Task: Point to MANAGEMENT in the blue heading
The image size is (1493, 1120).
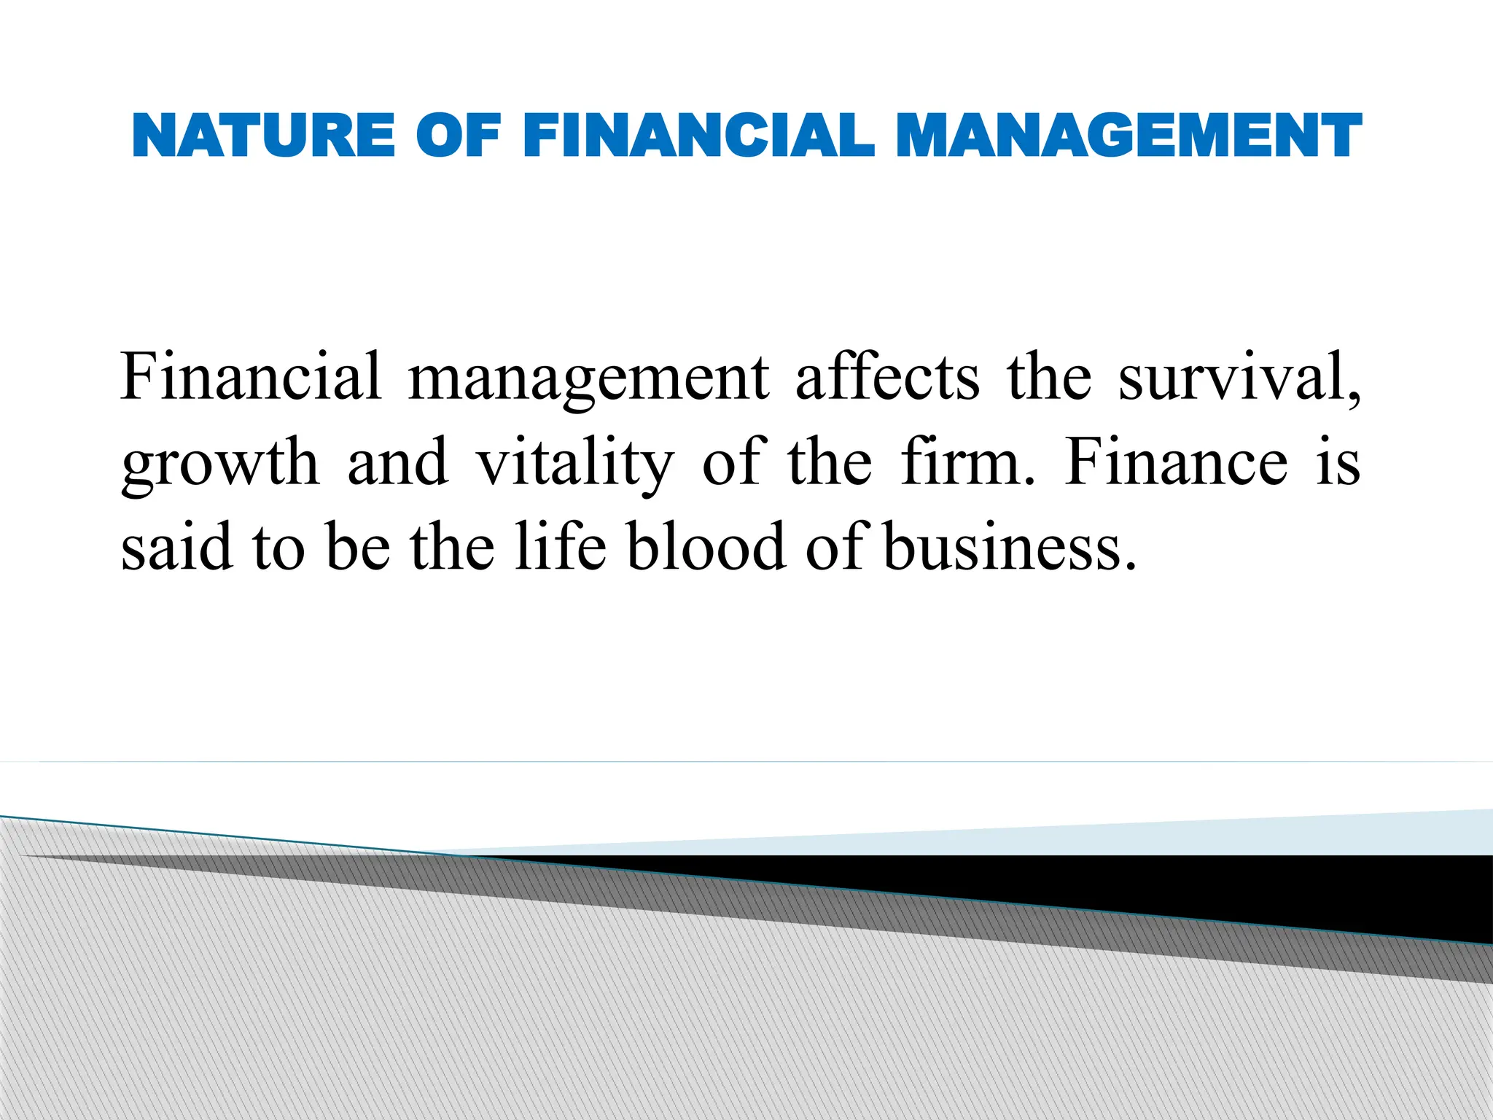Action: click(1128, 136)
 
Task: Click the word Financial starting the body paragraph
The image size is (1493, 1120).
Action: click(251, 376)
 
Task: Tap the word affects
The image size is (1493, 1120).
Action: click(887, 376)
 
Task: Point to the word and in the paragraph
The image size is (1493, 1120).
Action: click(397, 462)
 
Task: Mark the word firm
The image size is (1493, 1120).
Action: click(965, 462)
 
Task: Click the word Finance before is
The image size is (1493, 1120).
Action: click(1175, 462)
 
